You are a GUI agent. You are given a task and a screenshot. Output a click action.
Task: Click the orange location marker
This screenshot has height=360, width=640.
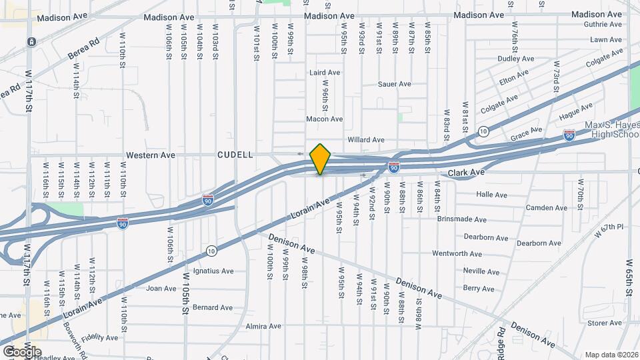click(321, 159)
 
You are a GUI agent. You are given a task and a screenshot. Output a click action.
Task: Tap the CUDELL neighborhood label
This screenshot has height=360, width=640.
click(235, 155)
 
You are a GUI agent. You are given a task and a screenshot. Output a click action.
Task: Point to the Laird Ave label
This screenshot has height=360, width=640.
click(325, 72)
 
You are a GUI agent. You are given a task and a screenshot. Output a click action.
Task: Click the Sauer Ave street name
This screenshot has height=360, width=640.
click(395, 84)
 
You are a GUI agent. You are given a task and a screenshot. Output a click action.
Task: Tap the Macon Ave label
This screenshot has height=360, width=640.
click(324, 119)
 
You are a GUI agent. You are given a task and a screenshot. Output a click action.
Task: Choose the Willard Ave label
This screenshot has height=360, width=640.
click(366, 140)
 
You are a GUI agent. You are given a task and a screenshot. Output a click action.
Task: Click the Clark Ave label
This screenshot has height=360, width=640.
click(465, 172)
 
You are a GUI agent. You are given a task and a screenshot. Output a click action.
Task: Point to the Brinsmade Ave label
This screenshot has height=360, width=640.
click(462, 219)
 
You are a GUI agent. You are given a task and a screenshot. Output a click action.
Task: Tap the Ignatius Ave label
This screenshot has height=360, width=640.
click(213, 271)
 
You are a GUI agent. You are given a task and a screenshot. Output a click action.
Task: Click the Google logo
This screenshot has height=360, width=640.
click(22, 351)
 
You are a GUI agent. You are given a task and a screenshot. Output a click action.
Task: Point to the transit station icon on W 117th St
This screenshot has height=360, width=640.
click(31, 41)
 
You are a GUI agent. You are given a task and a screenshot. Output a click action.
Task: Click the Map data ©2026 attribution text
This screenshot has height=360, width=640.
click(611, 355)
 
